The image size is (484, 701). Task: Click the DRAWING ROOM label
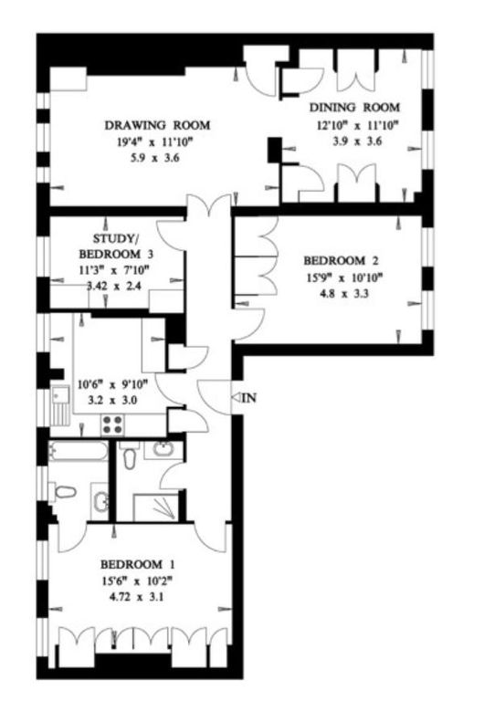pos(157,125)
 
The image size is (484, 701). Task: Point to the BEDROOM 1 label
pos(137,562)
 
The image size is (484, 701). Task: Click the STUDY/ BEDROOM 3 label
pos(110,246)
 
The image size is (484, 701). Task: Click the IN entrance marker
pos(247,397)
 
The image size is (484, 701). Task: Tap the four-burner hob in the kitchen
pos(112,424)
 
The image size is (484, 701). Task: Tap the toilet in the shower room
pos(130,457)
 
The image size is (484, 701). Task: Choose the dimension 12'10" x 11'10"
pos(355,125)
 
